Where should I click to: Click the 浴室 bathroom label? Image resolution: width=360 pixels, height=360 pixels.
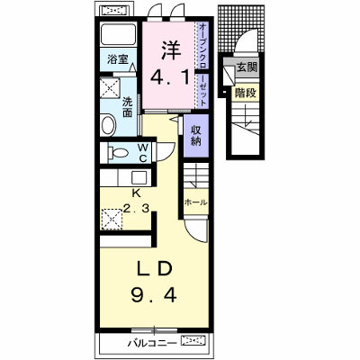[118, 59]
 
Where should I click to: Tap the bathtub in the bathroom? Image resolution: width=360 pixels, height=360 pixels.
[118, 34]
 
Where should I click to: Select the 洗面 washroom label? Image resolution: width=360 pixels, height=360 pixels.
[127, 107]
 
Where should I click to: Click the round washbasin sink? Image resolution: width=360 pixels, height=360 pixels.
[109, 125]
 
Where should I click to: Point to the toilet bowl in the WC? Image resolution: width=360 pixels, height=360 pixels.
[119, 153]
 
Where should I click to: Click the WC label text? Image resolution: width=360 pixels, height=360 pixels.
[143, 153]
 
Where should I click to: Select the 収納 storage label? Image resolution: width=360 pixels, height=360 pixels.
[196, 135]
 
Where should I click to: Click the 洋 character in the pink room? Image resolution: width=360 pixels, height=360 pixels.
[172, 50]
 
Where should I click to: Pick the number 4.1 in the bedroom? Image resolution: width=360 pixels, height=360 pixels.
[170, 78]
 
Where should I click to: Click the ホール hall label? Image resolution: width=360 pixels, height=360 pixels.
[195, 202]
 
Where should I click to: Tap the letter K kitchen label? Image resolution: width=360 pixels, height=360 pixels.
[137, 193]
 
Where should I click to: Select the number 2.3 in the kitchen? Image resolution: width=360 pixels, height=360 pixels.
[137, 209]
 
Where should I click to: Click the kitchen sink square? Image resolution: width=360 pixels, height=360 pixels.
[139, 177]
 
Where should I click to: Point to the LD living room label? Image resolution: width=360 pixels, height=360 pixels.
[154, 268]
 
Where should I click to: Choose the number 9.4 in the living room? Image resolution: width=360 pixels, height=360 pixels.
[154, 294]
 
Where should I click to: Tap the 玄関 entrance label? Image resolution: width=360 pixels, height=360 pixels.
[247, 67]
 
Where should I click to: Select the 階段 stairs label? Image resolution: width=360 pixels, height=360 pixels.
[246, 94]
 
